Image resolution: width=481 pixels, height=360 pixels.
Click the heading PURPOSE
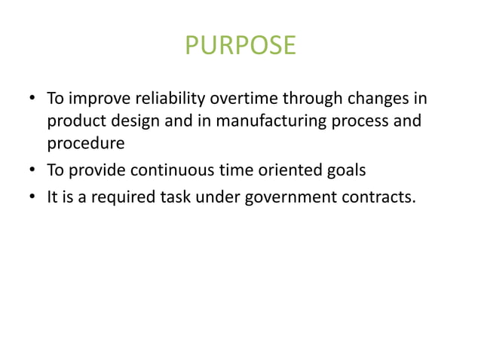[x=240, y=46]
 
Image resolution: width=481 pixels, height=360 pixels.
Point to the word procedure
[x=85, y=143]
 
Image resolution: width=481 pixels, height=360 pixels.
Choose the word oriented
[x=289, y=170]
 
